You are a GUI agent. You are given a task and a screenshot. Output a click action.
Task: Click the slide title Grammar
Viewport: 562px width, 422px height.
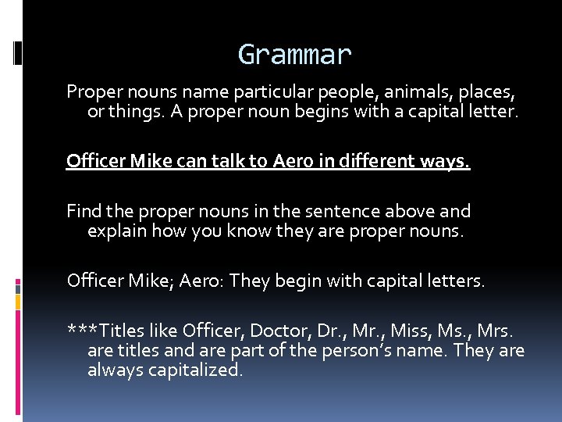(x=295, y=55)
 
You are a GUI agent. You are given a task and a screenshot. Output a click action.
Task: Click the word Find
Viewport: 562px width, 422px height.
(x=83, y=211)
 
